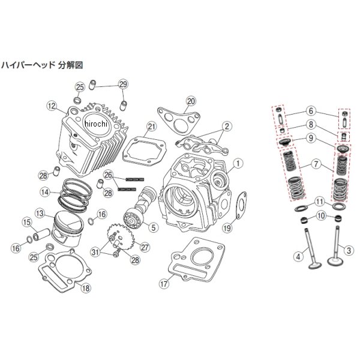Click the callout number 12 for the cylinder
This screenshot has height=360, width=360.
click(x=52, y=106)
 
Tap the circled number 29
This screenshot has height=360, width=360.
click(x=123, y=83)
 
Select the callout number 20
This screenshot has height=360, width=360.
click(x=191, y=100)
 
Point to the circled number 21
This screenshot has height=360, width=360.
click(x=151, y=126)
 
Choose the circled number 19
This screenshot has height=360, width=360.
click(x=227, y=227)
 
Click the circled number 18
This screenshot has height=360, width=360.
click(x=85, y=288)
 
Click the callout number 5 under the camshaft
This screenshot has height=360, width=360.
click(x=153, y=227)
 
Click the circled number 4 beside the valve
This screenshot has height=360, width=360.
click(x=297, y=257)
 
